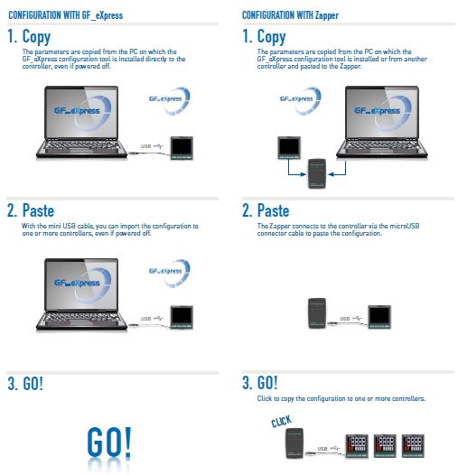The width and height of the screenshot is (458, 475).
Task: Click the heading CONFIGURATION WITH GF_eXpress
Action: [65, 15]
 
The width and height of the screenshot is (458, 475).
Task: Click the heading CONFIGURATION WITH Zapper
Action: [290, 15]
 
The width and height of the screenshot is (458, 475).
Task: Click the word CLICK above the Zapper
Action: [282, 421]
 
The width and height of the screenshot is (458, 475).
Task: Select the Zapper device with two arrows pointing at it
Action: [317, 173]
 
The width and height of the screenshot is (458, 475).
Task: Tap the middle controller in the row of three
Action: [385, 446]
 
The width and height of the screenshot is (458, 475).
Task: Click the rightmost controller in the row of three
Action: [413, 446]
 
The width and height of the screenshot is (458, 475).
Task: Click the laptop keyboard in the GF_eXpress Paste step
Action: [81, 318]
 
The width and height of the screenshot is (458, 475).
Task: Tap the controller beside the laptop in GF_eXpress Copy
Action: [182, 148]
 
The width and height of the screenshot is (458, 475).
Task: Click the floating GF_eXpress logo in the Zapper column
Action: [300, 100]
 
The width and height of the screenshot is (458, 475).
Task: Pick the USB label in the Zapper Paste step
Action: [345, 319]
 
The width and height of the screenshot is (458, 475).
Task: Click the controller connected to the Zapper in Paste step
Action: [379, 317]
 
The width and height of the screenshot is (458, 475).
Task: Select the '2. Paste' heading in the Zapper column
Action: [266, 210]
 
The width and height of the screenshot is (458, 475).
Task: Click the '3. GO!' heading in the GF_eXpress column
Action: [25, 384]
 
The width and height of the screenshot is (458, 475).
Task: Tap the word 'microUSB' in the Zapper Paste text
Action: [405, 226]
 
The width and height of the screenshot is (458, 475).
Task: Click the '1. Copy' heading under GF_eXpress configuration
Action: [29, 37]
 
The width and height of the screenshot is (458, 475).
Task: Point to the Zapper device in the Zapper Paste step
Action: [317, 313]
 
